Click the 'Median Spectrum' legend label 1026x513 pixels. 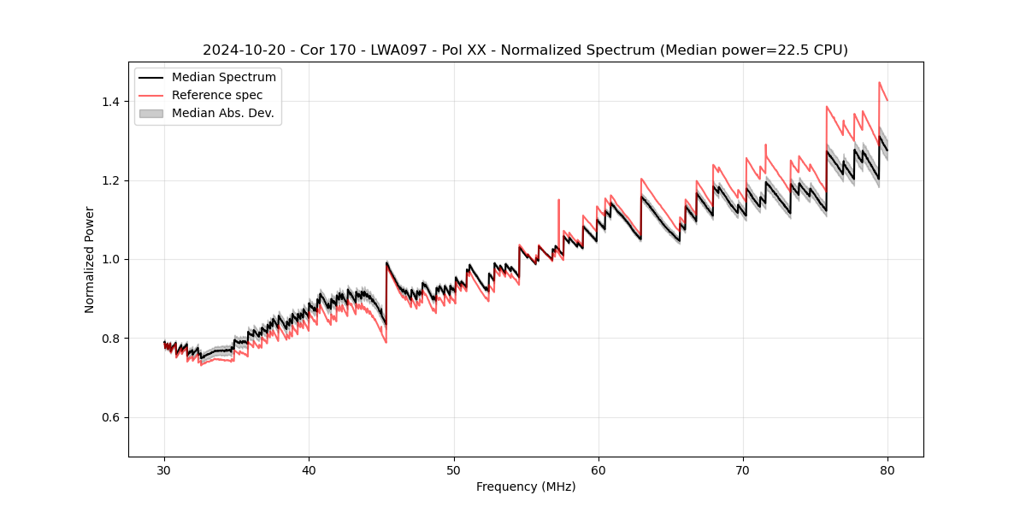pos(223,78)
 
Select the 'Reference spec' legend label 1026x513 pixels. pos(217,95)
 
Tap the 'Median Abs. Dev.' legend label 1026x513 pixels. pos(223,113)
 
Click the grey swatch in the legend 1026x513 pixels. pos(151,113)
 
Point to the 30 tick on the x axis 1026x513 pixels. pos(164,470)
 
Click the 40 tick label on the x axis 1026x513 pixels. pos(309,470)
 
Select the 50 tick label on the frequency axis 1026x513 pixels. pos(453,470)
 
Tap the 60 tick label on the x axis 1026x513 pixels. pos(598,470)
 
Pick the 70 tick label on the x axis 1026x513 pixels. pos(743,470)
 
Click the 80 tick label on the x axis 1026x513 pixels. pos(887,470)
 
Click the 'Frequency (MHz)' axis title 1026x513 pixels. pos(526,486)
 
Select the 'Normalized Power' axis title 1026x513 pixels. pos(90,259)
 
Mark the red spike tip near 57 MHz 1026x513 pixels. pos(558,200)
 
